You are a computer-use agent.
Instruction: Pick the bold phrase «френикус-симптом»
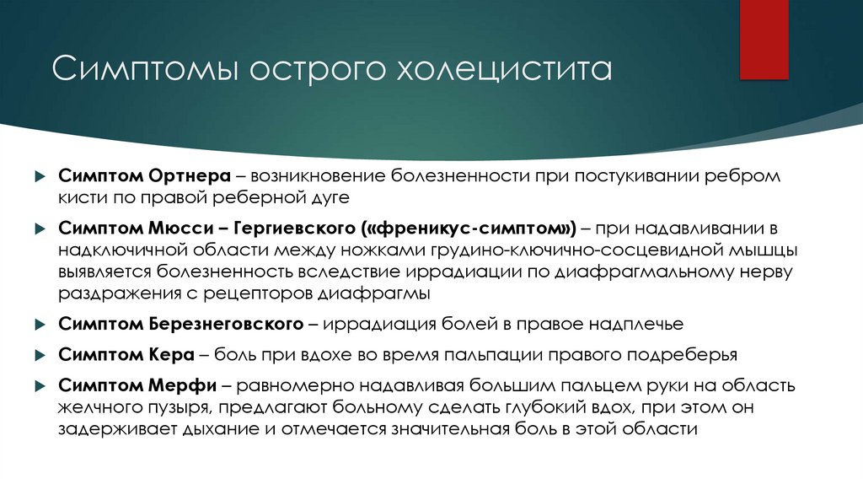click(x=470, y=229)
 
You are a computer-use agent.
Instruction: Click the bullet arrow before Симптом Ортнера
click(x=39, y=177)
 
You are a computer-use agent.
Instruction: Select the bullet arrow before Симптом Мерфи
click(x=39, y=386)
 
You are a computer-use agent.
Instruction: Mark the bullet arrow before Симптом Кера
click(x=39, y=355)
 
